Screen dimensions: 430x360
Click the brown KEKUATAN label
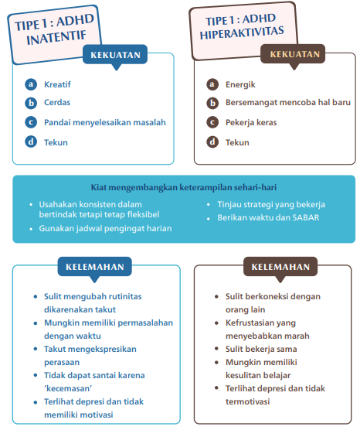coord(293,54)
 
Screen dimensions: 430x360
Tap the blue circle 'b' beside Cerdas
coord(30,103)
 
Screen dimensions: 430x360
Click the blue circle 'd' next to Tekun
coord(30,142)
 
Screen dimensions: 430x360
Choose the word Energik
coord(240,84)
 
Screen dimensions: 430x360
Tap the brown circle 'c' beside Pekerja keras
coord(212,122)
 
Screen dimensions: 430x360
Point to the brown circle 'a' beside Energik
coord(212,84)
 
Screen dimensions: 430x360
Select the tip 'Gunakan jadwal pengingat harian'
coord(105,228)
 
